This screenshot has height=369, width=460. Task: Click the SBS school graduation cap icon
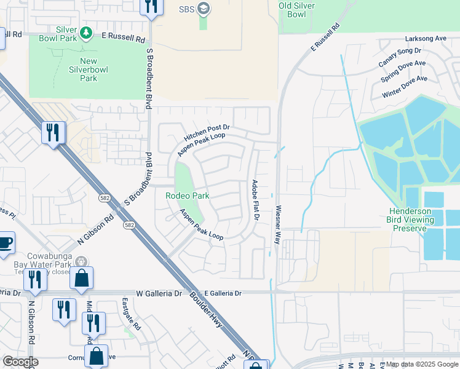pos(204,9)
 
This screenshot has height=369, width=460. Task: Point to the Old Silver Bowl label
pos(300,9)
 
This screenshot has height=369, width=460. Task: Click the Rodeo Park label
pos(188,196)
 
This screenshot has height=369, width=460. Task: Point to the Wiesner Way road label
pos(278,225)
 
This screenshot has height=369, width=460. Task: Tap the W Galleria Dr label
pos(160,293)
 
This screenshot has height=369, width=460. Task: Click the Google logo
pos(20,362)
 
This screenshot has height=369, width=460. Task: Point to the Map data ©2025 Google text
pos(421,364)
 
